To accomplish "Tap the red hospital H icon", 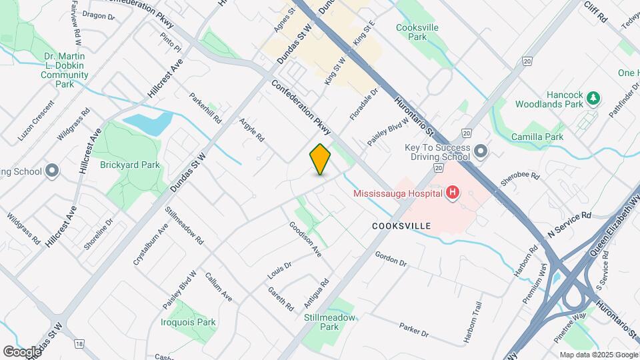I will tap(453, 193).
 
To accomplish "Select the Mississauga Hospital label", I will tap(398, 193).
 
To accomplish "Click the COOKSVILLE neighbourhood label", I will tap(401, 227).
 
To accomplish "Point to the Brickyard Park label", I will tap(130, 164).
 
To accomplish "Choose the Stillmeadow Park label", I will tap(330, 322).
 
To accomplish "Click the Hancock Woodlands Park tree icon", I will tap(593, 99).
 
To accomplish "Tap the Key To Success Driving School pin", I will tap(481, 153).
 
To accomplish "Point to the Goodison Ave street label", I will tap(305, 240).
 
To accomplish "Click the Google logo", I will tap(22, 351).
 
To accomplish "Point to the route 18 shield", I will tap(80, 343).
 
